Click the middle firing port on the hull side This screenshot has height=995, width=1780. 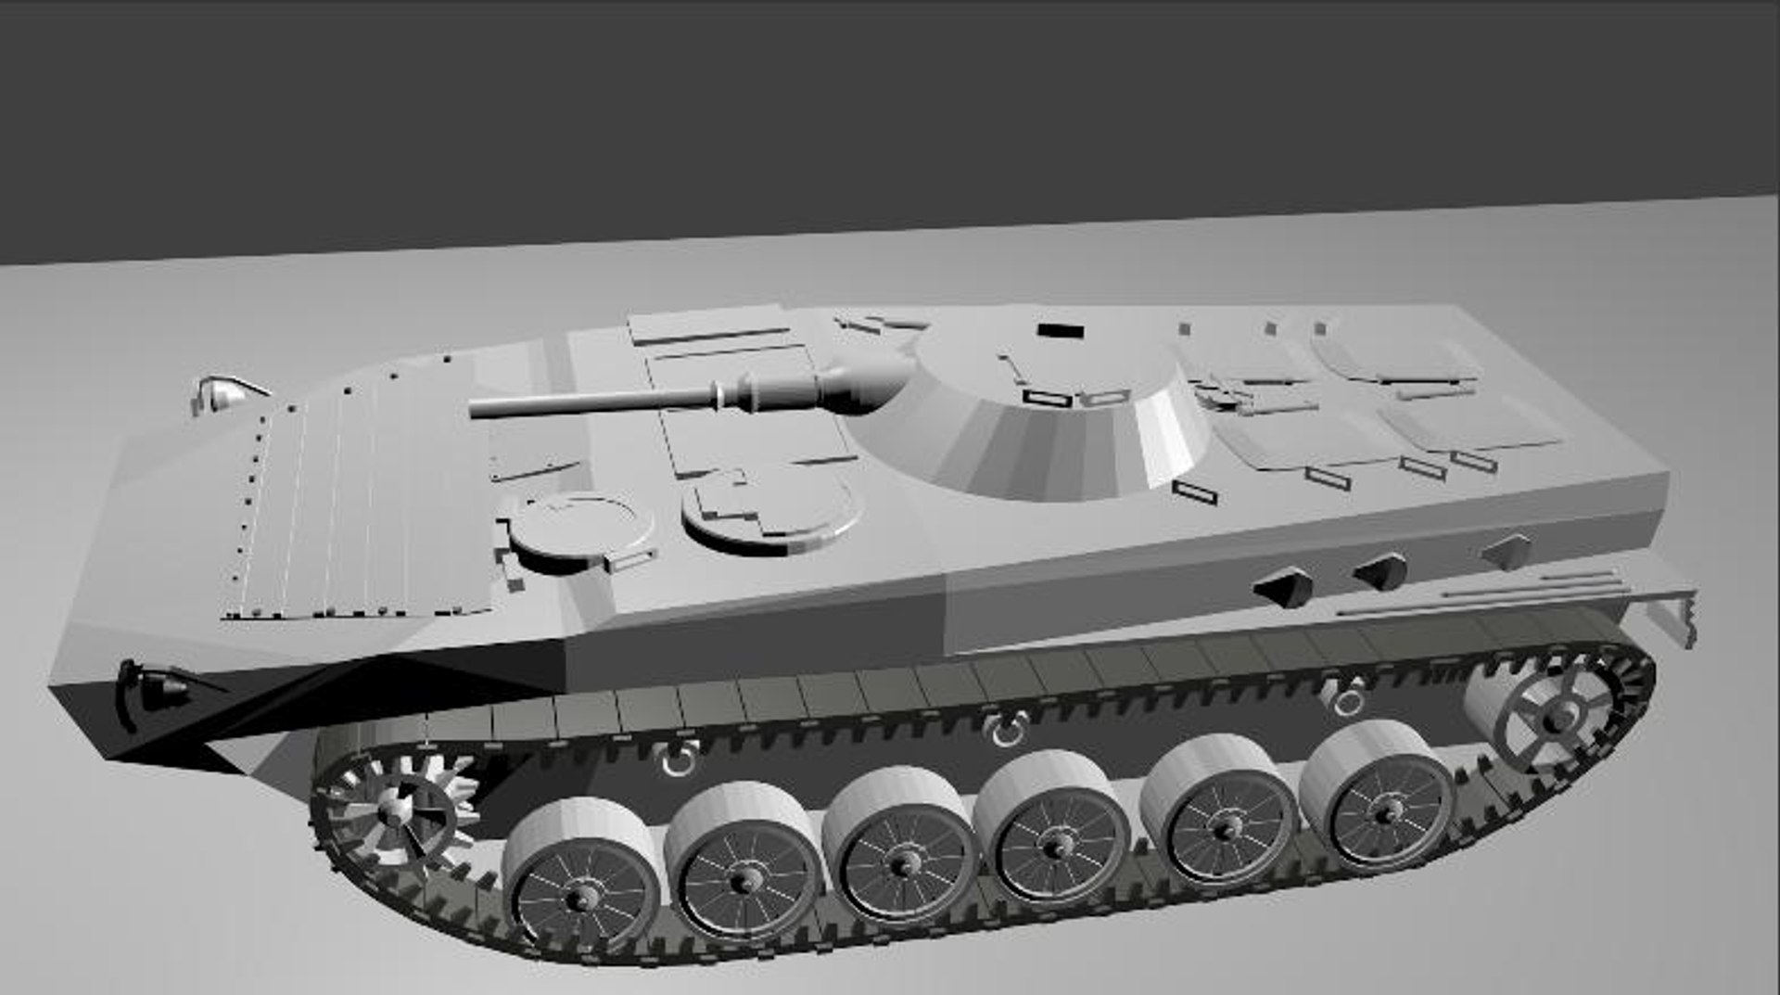(1380, 568)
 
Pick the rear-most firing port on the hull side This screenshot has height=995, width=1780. (1507, 549)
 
